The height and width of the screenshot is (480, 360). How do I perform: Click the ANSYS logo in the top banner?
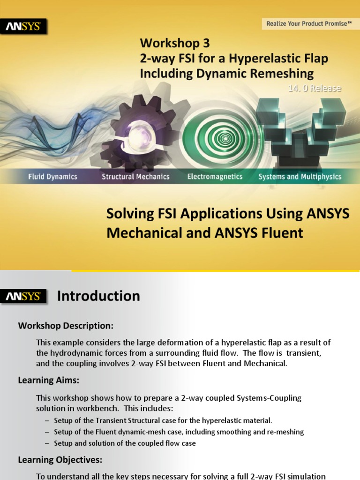click(x=23, y=27)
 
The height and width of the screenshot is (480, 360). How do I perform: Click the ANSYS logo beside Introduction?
click(x=23, y=296)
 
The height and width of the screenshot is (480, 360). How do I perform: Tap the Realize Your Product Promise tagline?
click(x=309, y=23)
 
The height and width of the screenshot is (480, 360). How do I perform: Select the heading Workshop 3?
click(x=174, y=43)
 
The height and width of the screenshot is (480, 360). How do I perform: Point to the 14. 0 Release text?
click(x=314, y=88)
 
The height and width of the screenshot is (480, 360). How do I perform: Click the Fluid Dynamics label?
click(x=52, y=177)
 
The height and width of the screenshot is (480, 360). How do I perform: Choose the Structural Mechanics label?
click(x=135, y=177)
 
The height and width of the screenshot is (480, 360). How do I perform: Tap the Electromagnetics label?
click(x=215, y=177)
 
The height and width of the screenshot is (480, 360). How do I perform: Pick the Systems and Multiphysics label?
click(x=300, y=177)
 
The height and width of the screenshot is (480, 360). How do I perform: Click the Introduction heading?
click(x=98, y=296)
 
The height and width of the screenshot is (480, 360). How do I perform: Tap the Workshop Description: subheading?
click(x=66, y=325)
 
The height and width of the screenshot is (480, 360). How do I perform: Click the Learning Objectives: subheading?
click(x=60, y=460)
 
